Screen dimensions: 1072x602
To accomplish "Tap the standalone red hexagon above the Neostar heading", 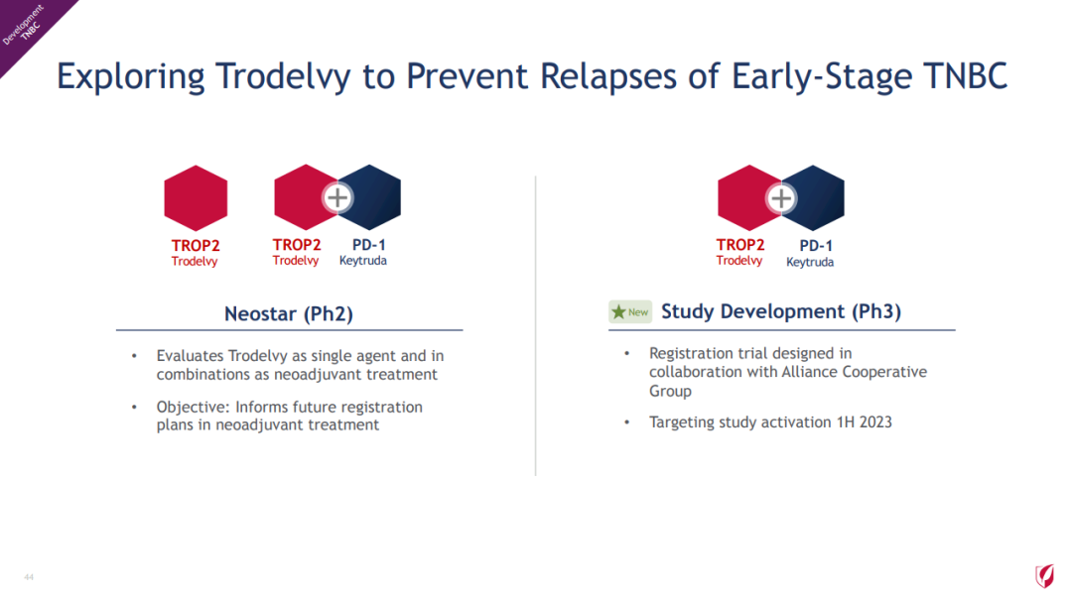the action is (196, 198).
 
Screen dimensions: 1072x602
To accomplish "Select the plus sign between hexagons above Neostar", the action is (337, 198).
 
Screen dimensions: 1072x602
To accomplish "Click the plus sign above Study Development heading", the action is (781, 198).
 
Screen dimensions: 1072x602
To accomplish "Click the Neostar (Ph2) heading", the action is (289, 313).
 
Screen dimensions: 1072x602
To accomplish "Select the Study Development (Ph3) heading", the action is (781, 311).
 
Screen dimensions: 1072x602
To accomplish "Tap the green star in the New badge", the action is (618, 311).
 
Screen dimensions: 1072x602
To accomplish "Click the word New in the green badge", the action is (638, 312).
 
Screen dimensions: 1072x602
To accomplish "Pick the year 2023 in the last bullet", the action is (875, 422).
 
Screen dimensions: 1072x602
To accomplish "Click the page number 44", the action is (29, 577).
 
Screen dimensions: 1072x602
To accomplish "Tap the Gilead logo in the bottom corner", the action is (1044, 576).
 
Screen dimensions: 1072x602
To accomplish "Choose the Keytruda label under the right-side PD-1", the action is (810, 262).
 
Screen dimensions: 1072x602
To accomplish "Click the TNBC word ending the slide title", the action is (966, 75).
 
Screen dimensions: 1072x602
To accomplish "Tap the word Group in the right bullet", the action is (671, 392).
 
